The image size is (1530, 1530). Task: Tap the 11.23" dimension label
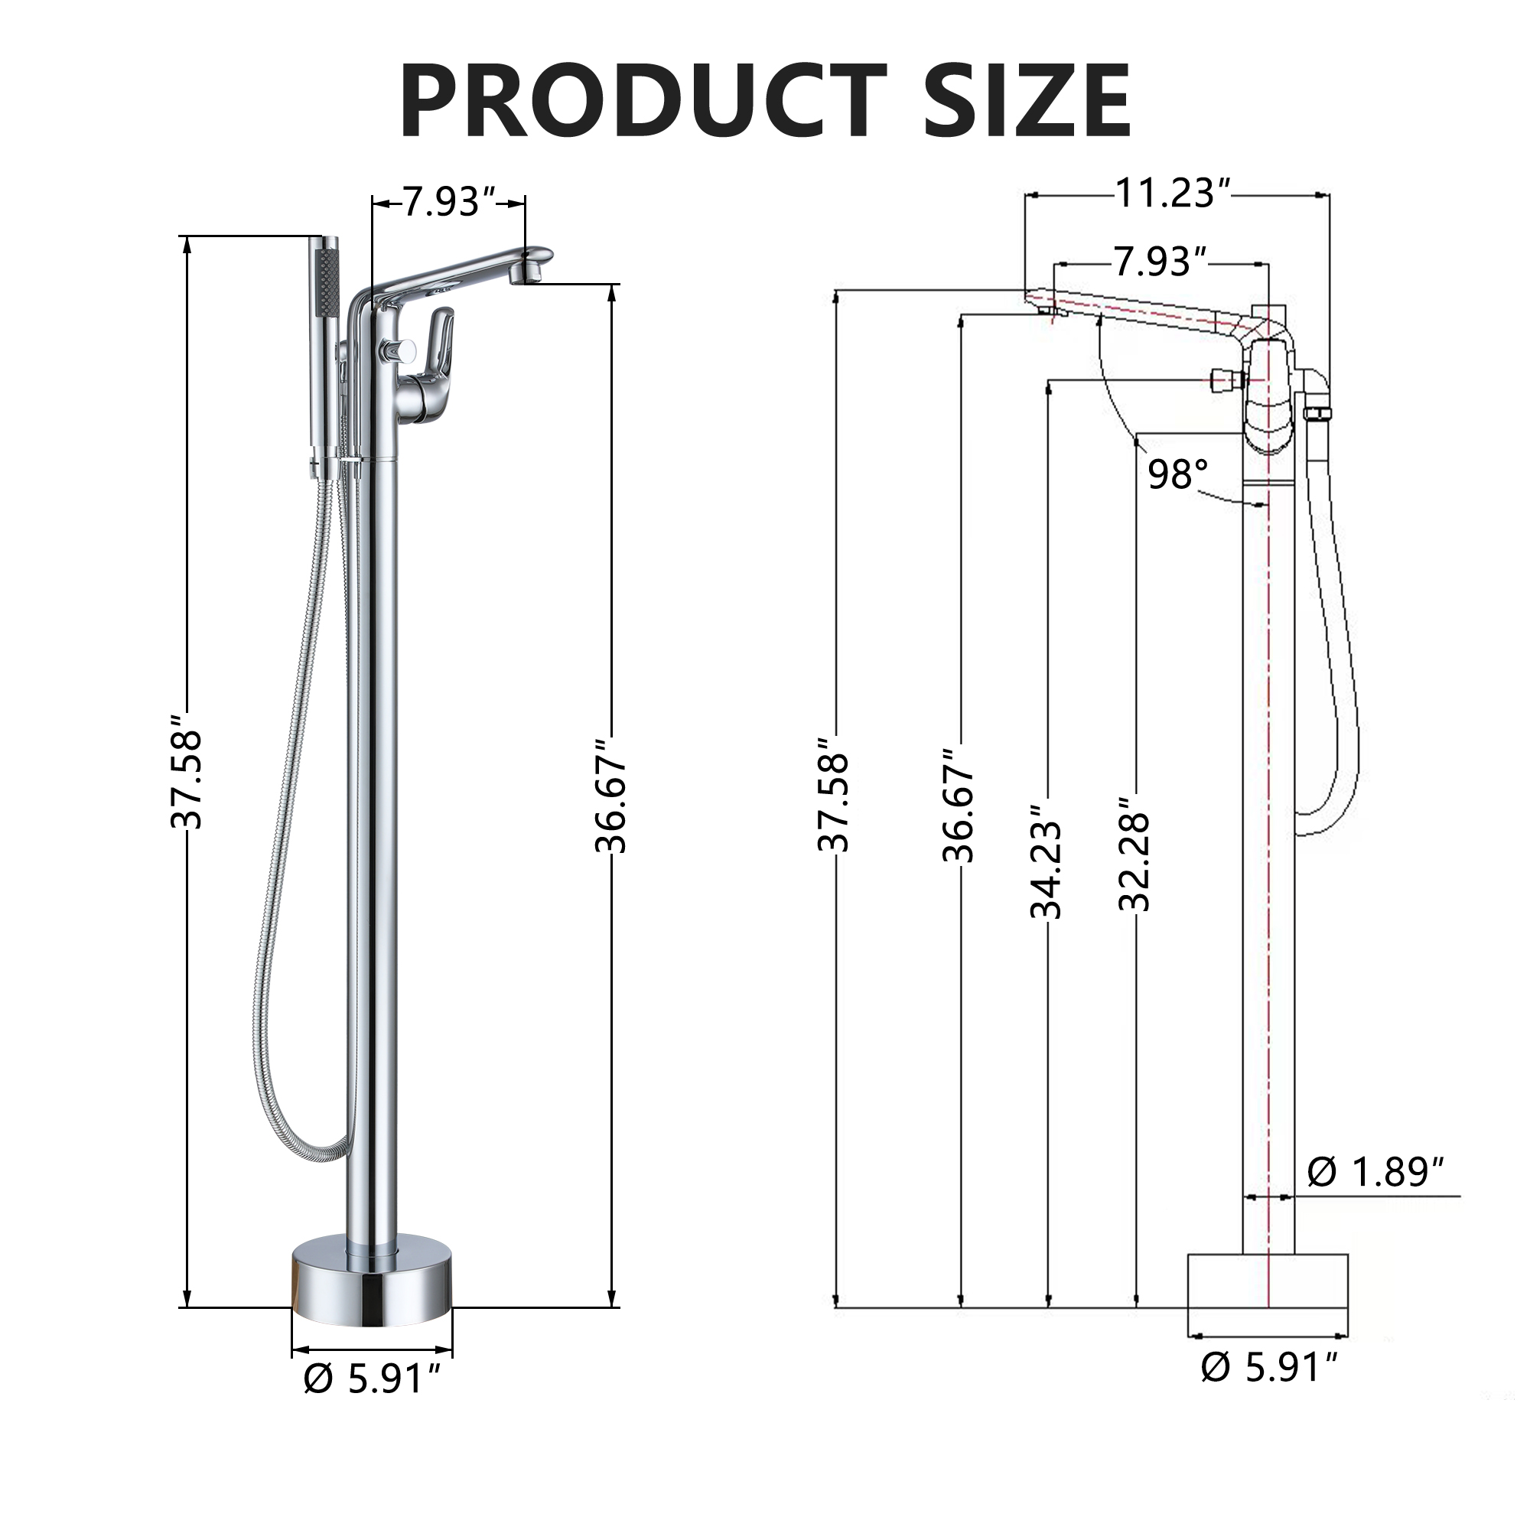pyautogui.click(x=1174, y=194)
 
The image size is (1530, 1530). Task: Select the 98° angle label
pyautogui.click(x=1178, y=474)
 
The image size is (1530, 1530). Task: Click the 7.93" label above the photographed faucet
pyautogui.click(x=449, y=203)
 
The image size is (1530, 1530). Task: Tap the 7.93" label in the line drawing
pyautogui.click(x=1161, y=262)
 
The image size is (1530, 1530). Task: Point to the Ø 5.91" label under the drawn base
pyautogui.click(x=1268, y=1368)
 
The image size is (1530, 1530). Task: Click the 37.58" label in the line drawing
pyautogui.click(x=834, y=792)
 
